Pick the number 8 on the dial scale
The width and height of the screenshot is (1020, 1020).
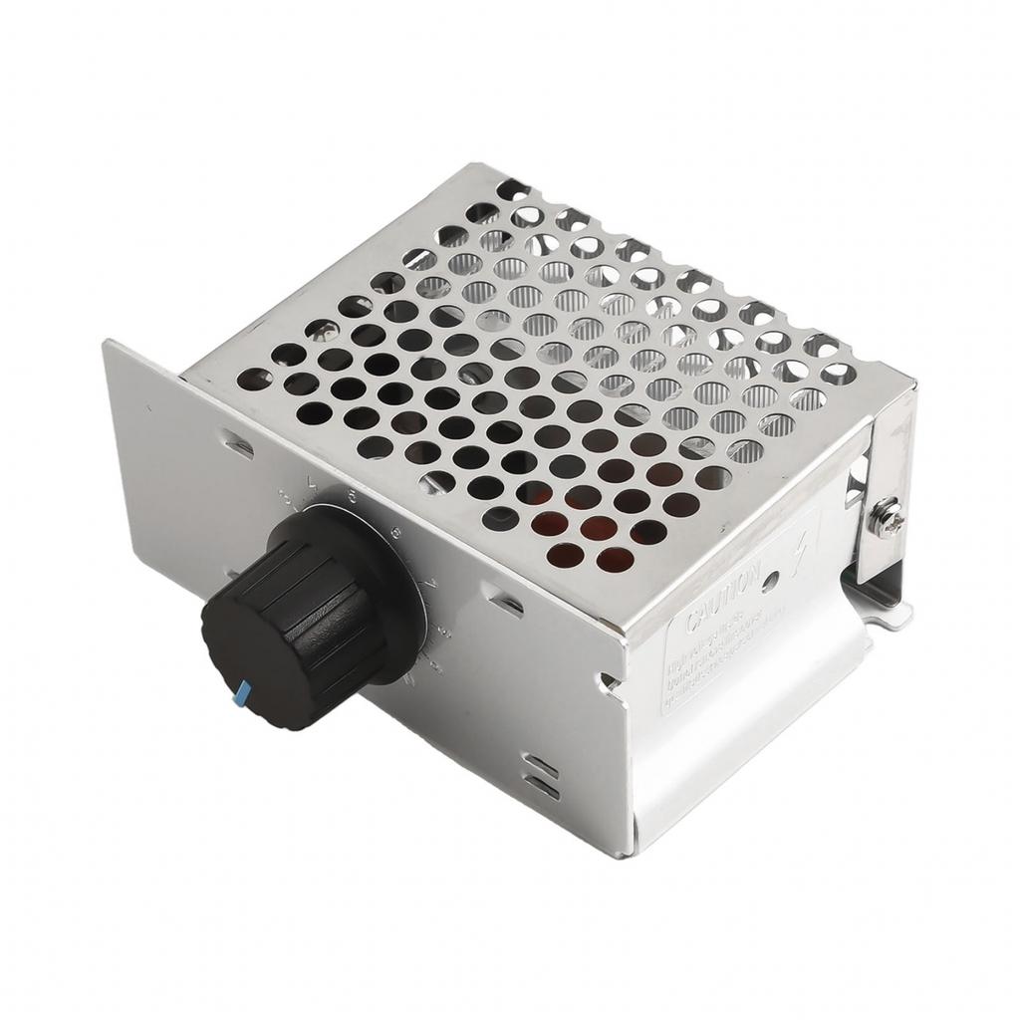tap(444, 631)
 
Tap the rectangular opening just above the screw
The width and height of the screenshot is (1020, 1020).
tap(855, 487)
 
